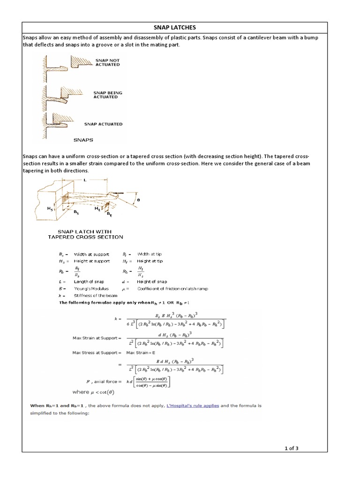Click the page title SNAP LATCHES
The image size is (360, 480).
pyautogui.click(x=175, y=28)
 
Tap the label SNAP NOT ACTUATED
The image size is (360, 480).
pyautogui.click(x=107, y=62)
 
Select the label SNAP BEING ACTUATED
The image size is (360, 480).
pyautogui.click(x=108, y=95)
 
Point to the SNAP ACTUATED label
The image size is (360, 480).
pyautogui.click(x=103, y=124)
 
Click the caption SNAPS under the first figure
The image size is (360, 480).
pyautogui.click(x=83, y=139)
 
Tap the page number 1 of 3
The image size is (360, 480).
pyautogui.click(x=291, y=448)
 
